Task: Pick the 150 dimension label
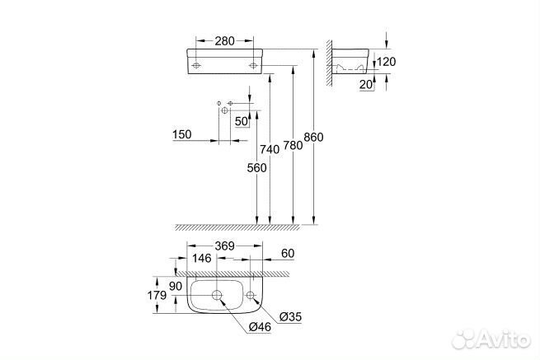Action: click(181, 135)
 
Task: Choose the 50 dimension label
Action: click(241, 120)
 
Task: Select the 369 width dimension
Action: click(223, 245)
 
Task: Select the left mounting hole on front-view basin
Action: click(197, 63)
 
